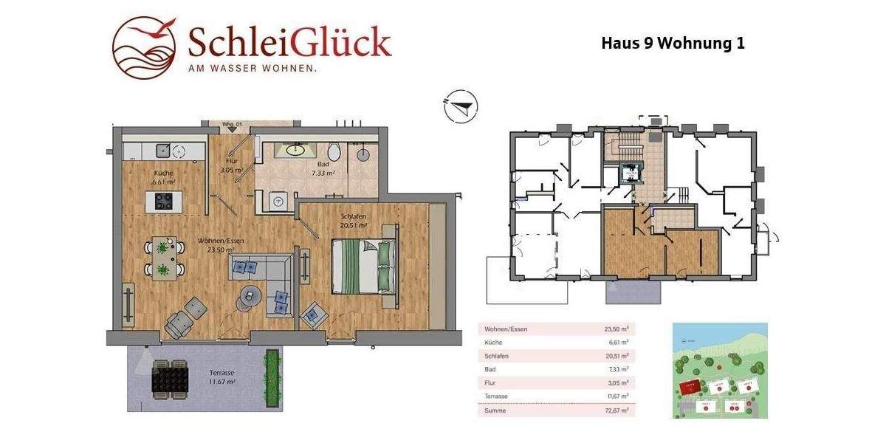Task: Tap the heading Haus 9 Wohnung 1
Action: pyautogui.click(x=673, y=43)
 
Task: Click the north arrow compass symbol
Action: pyautogui.click(x=461, y=106)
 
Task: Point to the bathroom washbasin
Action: pyautogui.click(x=295, y=150)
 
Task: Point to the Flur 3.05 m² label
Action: pyautogui.click(x=231, y=165)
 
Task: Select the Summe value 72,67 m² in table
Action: pyautogui.click(x=615, y=410)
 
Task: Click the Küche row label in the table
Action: pyautogui.click(x=494, y=343)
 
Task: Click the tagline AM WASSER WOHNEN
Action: pyautogui.click(x=253, y=69)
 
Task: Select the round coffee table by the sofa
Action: pyautogui.click(x=250, y=296)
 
